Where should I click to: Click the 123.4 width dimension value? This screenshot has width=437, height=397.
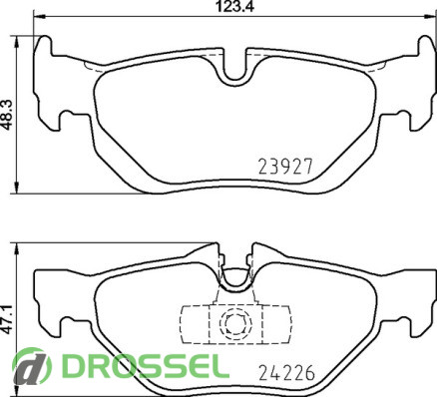pos(234,7)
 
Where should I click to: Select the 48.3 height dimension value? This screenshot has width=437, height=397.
pos(7,115)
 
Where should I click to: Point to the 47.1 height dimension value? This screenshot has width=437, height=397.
pos(7,319)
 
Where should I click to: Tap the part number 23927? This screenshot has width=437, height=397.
pos(286,167)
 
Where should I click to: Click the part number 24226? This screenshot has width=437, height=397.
pos(286,372)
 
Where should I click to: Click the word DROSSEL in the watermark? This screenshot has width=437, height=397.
pos(146,366)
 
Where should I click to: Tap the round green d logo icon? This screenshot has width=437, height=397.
pos(32,366)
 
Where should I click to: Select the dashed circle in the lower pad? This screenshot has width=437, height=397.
pos(235,323)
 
